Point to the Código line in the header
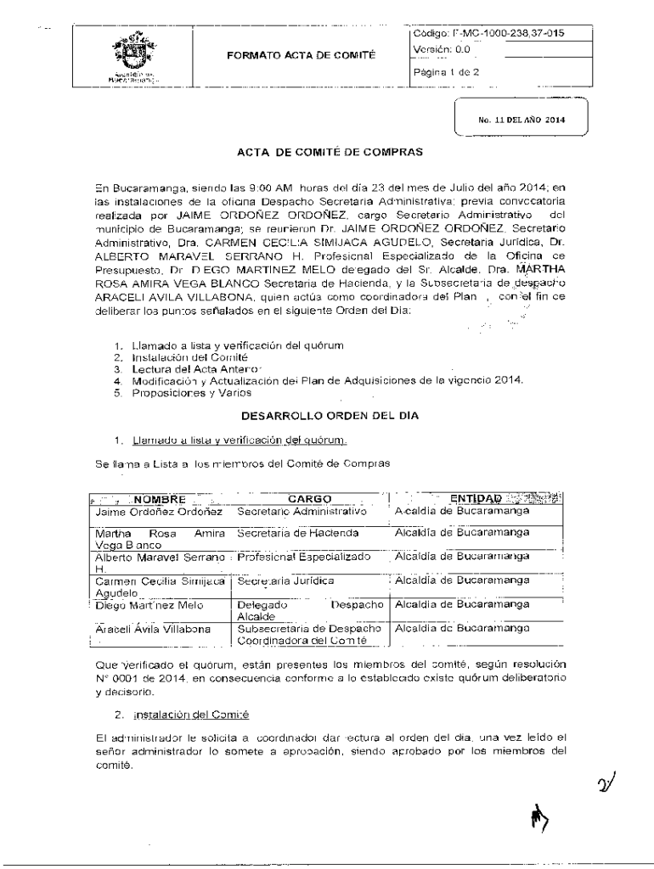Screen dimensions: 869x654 click(488, 33)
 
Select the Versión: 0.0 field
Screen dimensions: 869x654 click(442, 50)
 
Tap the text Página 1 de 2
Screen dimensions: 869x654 click(447, 72)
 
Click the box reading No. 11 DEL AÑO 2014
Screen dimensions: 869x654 click(520, 121)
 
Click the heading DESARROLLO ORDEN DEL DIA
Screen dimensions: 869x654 click(326, 418)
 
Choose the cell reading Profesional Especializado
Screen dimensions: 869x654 click(304, 557)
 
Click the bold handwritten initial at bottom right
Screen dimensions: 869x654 click(538, 819)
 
